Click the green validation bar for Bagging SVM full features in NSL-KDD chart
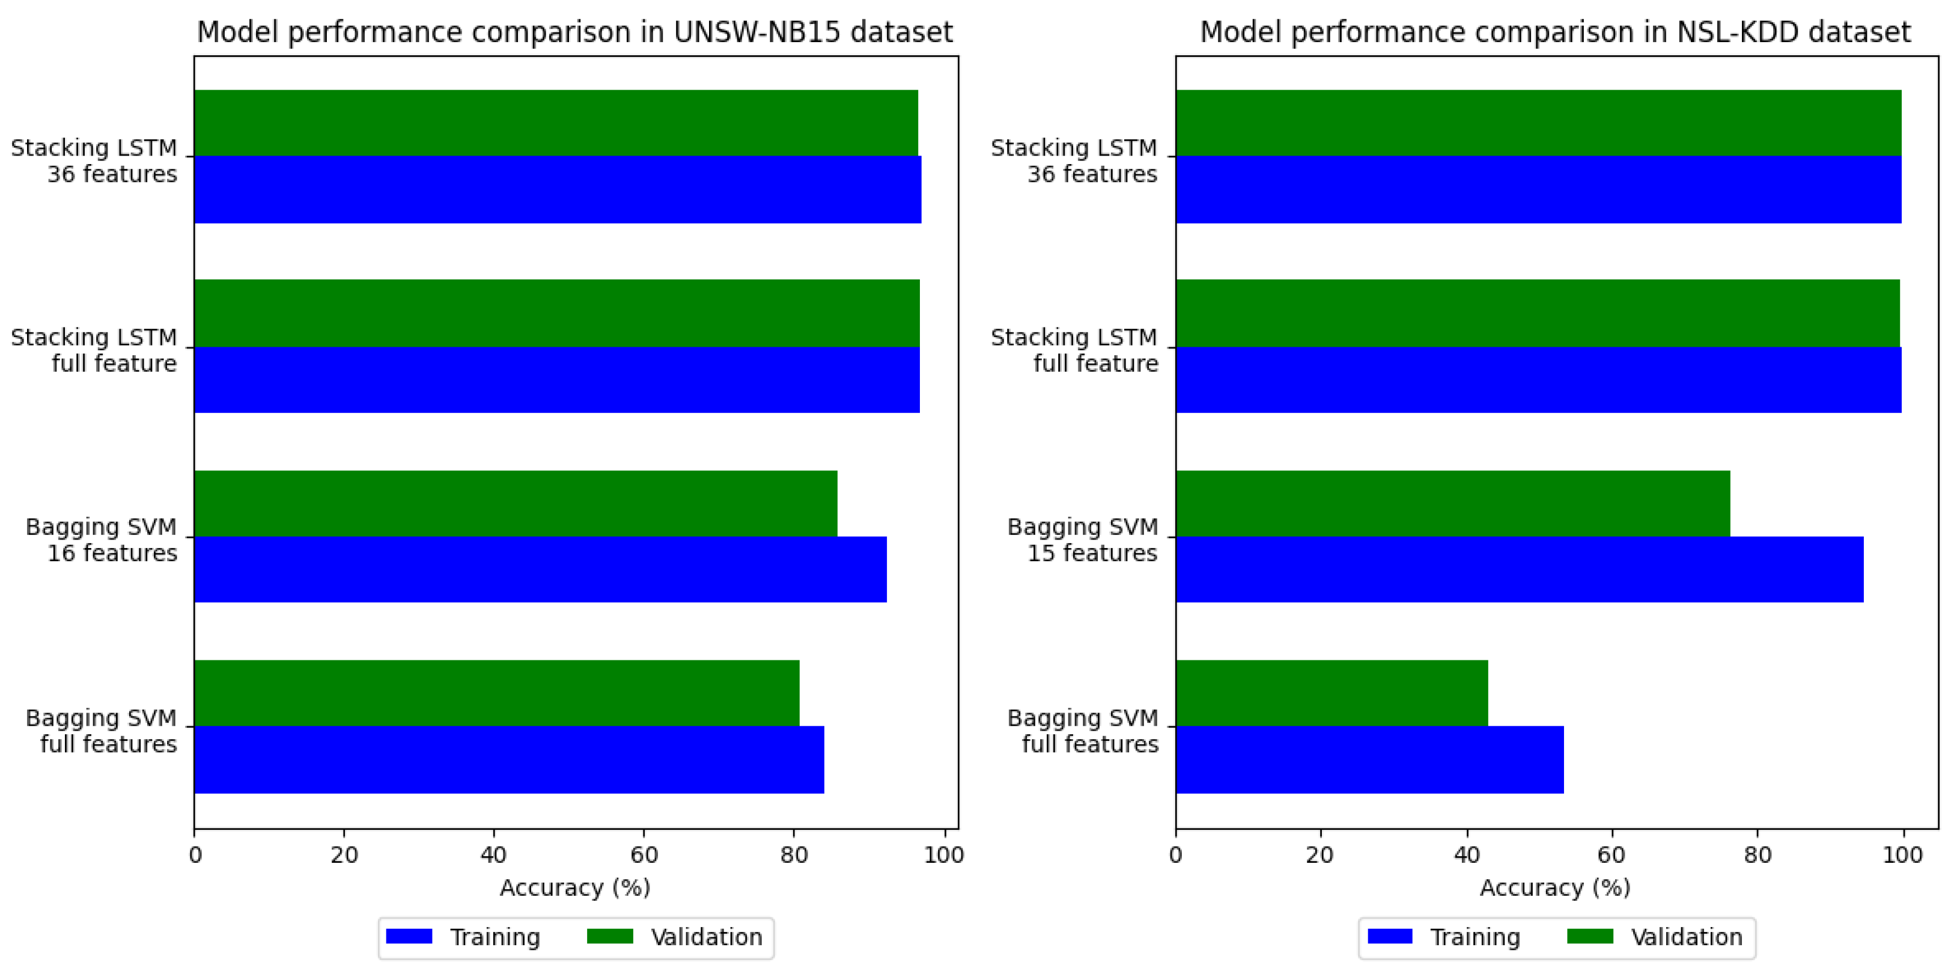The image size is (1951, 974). click(x=1331, y=692)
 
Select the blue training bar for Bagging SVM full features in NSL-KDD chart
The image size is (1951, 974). click(x=1369, y=759)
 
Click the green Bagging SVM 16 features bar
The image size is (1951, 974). click(x=515, y=503)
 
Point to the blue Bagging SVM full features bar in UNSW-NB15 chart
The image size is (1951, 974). click(x=508, y=759)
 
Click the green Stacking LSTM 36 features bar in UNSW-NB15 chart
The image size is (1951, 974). click(x=555, y=123)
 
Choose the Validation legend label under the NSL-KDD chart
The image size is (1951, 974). click(x=1686, y=937)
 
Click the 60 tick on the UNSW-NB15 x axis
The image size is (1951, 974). click(x=644, y=854)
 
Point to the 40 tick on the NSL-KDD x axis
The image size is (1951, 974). click(x=1466, y=854)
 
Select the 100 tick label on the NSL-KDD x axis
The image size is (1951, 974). click(x=1902, y=854)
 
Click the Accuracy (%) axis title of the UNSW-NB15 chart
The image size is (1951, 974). click(x=575, y=887)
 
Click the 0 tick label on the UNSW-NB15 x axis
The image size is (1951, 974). click(x=195, y=854)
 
